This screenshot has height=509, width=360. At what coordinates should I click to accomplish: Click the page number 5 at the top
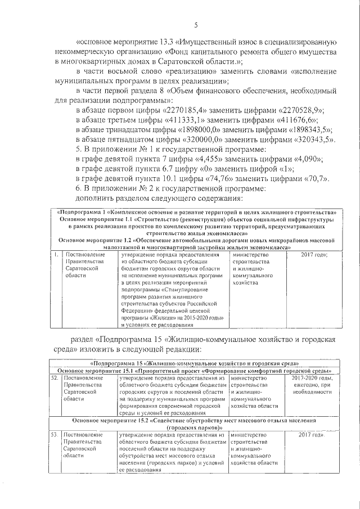196,25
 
